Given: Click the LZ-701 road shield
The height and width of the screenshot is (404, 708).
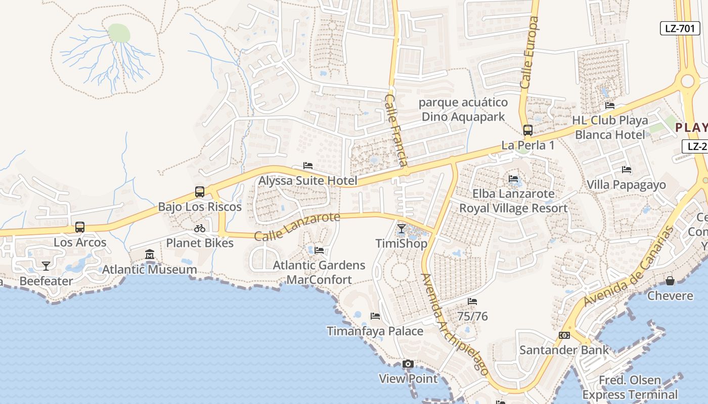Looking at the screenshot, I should click(x=680, y=28).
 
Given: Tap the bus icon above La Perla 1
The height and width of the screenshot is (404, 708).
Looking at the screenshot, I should click(x=528, y=130).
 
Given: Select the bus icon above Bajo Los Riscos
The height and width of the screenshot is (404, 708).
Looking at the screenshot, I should click(x=200, y=192).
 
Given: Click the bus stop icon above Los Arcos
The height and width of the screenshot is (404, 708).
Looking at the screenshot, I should click(x=80, y=227).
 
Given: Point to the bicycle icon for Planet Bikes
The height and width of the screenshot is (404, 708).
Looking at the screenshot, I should click(x=200, y=228).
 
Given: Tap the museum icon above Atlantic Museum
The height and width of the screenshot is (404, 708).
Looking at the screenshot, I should click(x=150, y=255).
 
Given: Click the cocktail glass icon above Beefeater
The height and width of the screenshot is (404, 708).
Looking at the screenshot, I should click(x=46, y=266).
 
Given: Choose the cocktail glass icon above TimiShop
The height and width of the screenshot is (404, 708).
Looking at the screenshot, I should click(x=402, y=229).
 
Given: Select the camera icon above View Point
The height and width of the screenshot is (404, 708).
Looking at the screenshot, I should click(x=408, y=364).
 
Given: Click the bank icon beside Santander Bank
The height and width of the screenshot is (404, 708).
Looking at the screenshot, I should click(x=564, y=335).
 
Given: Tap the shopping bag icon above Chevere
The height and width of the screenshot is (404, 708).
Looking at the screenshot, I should click(x=670, y=281).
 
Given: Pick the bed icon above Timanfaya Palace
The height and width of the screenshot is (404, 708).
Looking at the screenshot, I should click(x=375, y=316).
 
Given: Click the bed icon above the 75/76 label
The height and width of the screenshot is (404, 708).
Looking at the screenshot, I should click(x=472, y=301).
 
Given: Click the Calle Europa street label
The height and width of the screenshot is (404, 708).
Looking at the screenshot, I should click(x=529, y=53).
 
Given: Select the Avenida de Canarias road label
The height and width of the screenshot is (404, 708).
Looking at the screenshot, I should click(x=629, y=267).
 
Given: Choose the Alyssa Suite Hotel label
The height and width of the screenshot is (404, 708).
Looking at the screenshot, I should click(x=308, y=181).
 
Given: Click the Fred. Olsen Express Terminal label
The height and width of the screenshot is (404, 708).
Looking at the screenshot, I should click(x=630, y=387).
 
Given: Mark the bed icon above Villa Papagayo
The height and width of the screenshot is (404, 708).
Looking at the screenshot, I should click(x=627, y=170).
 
